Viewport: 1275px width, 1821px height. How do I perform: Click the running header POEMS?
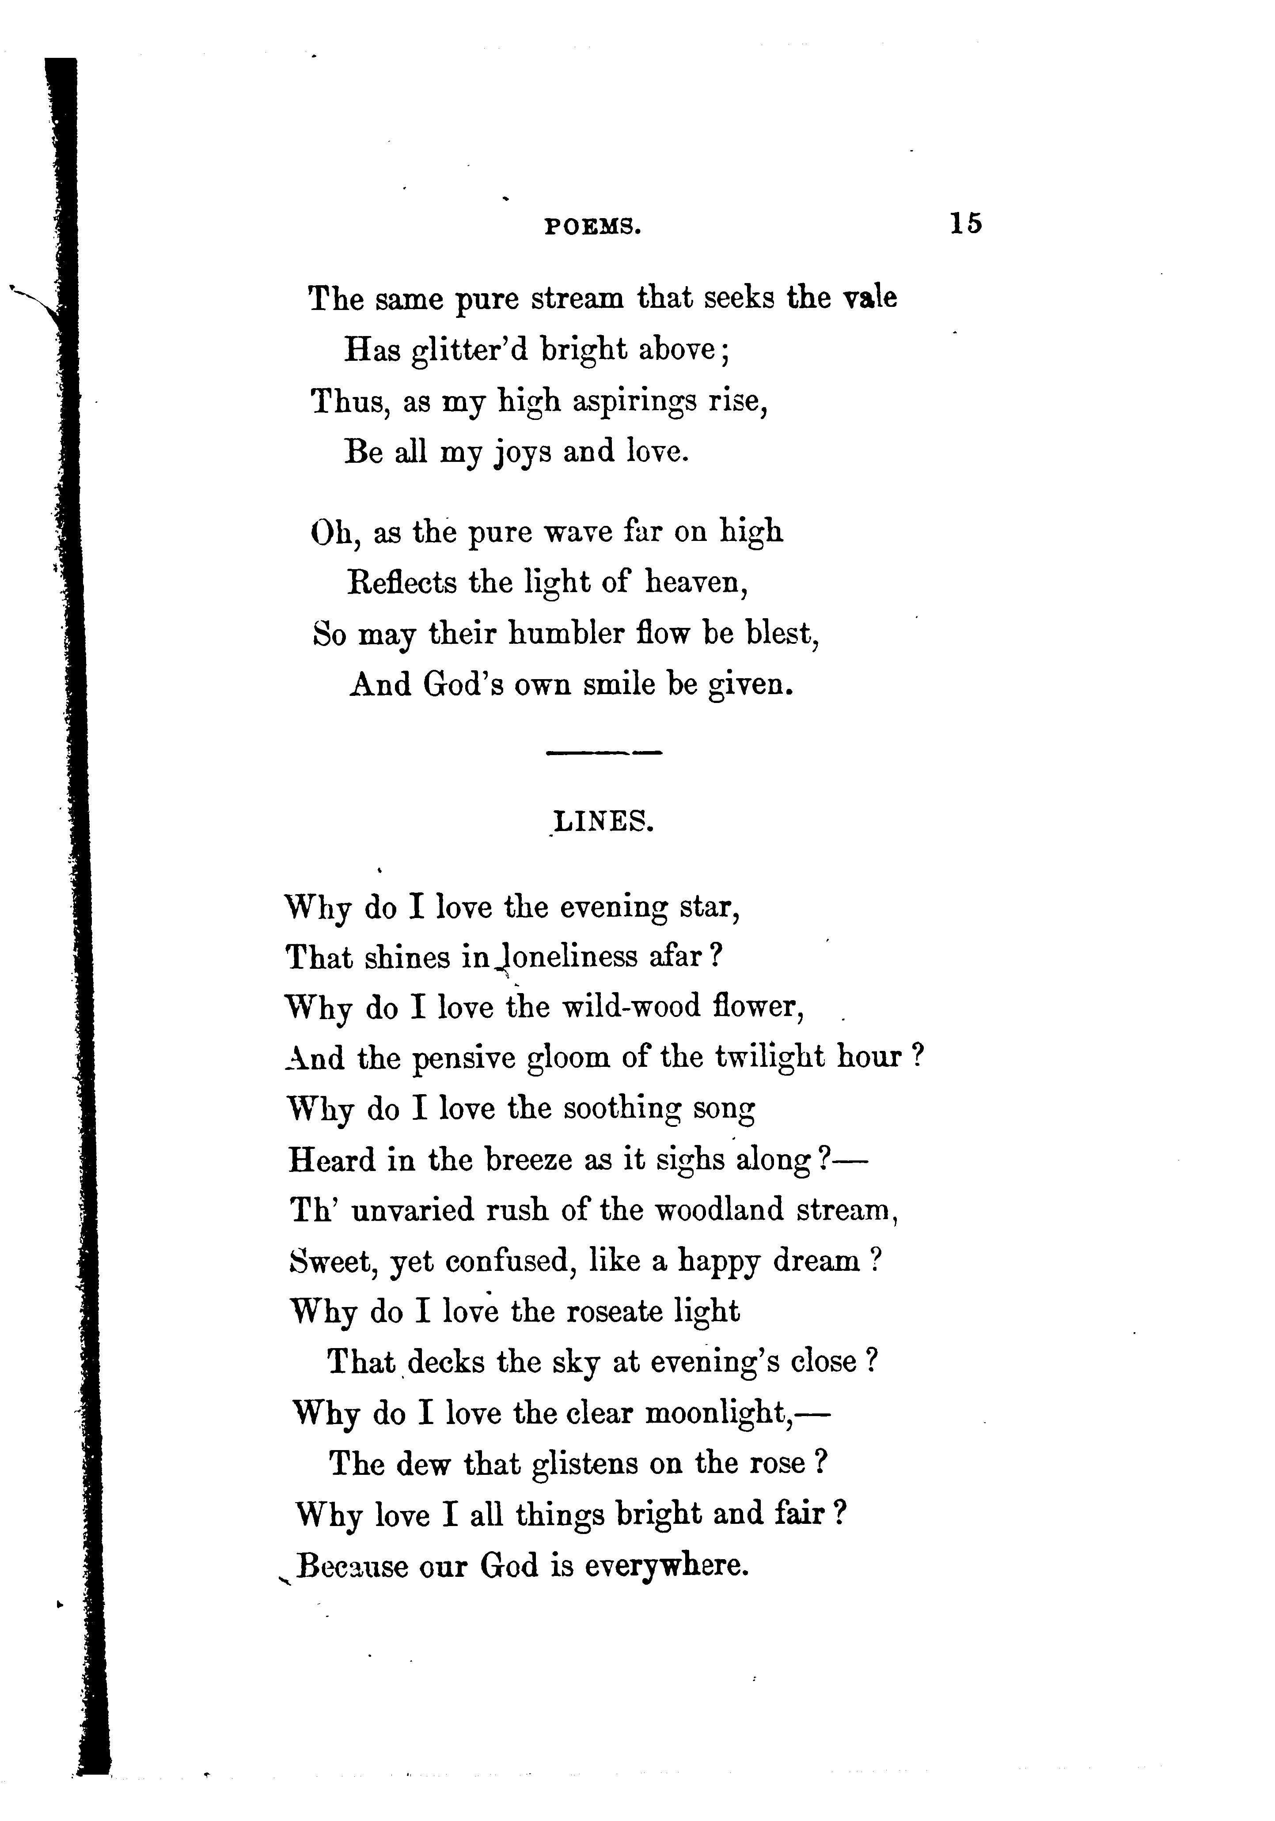pyautogui.click(x=593, y=228)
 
